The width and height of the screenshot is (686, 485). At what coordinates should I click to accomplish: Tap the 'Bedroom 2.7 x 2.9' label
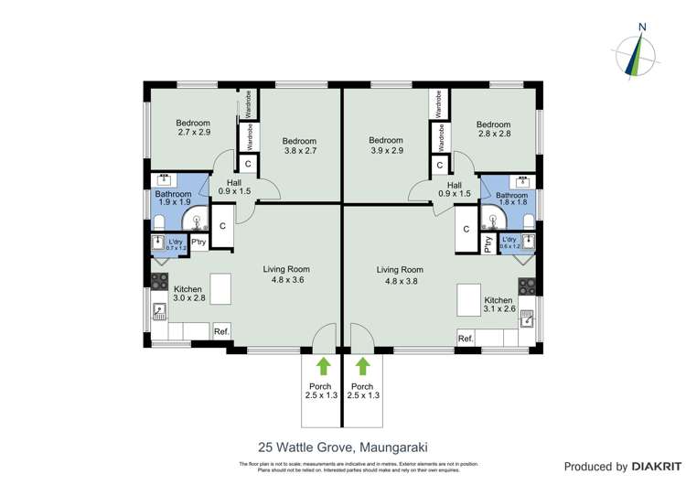click(193, 127)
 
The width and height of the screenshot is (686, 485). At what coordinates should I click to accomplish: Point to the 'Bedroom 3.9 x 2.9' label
click(385, 145)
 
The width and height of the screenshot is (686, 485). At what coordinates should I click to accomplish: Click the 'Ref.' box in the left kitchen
click(221, 332)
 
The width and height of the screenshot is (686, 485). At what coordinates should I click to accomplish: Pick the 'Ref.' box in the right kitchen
click(466, 339)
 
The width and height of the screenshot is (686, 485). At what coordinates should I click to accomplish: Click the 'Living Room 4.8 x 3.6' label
click(286, 275)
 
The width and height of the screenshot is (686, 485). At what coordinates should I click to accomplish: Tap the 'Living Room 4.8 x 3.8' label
click(400, 275)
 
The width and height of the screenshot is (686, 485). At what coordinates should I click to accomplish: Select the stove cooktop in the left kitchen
click(159, 283)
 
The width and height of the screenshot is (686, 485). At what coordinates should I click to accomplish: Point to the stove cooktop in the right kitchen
click(528, 286)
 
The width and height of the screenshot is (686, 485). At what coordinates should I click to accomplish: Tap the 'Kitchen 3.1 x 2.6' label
click(498, 305)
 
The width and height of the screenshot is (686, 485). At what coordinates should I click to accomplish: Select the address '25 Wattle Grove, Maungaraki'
click(342, 447)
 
